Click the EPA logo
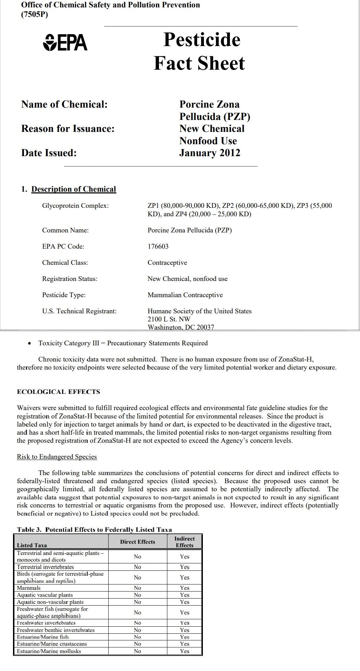coord(65,43)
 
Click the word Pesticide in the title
coord(202,39)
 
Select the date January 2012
coord(210,153)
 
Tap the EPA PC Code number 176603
coord(158,247)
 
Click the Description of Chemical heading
coord(73,189)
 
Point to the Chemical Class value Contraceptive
coord(167,263)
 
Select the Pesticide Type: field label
coord(64,295)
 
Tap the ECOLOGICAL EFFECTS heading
coord(58,392)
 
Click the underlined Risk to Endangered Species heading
coord(57,457)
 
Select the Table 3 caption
coord(94,530)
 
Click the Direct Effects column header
coord(137,542)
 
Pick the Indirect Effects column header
coord(185,542)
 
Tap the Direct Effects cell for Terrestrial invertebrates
coord(137,567)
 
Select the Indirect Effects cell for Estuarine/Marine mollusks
coord(185,651)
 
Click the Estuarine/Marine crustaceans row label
coord(52,644)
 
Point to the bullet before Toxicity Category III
coord(29,344)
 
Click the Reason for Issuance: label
coord(68,129)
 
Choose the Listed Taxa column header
coord(32,545)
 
